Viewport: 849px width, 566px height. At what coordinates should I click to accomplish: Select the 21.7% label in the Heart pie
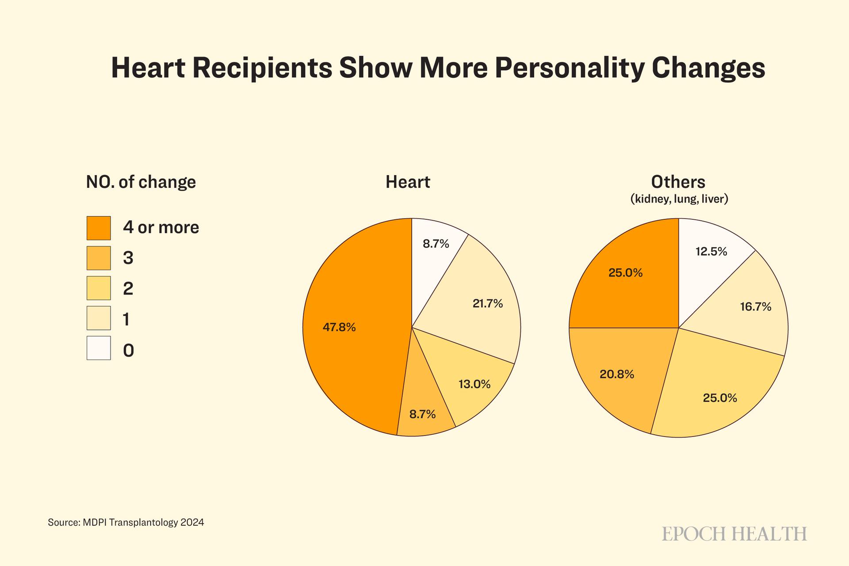488,304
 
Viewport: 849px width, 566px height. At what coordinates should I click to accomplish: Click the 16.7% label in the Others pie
756,307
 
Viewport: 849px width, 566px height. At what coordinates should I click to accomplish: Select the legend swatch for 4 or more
99,228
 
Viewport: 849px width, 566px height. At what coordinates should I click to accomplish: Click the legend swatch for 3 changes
99,258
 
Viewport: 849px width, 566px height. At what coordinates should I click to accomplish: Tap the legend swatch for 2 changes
99,288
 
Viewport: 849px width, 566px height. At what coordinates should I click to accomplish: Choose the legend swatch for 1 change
99,318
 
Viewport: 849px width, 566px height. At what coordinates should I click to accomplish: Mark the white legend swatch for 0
99,348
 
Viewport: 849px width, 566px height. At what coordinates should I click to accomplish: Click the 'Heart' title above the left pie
408,182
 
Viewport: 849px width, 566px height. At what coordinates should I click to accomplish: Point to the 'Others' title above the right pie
678,182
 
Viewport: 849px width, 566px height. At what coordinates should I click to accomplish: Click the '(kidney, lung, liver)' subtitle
679,199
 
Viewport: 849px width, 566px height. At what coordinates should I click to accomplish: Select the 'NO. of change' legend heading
141,182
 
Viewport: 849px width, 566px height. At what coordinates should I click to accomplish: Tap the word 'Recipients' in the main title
261,68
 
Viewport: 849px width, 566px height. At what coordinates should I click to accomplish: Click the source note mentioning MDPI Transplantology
126,522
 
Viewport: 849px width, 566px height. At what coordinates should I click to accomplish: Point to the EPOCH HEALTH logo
734,534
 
